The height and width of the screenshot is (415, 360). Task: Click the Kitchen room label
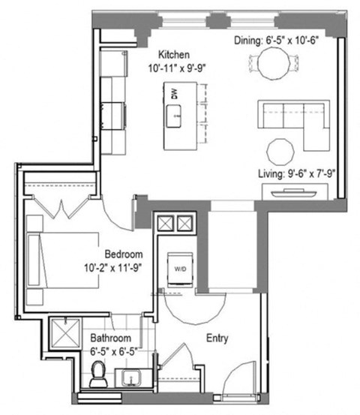pyautogui.click(x=173, y=55)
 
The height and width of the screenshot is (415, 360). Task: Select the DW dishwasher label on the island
pyautogui.click(x=174, y=95)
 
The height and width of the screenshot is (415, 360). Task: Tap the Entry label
pyautogui.click(x=217, y=338)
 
